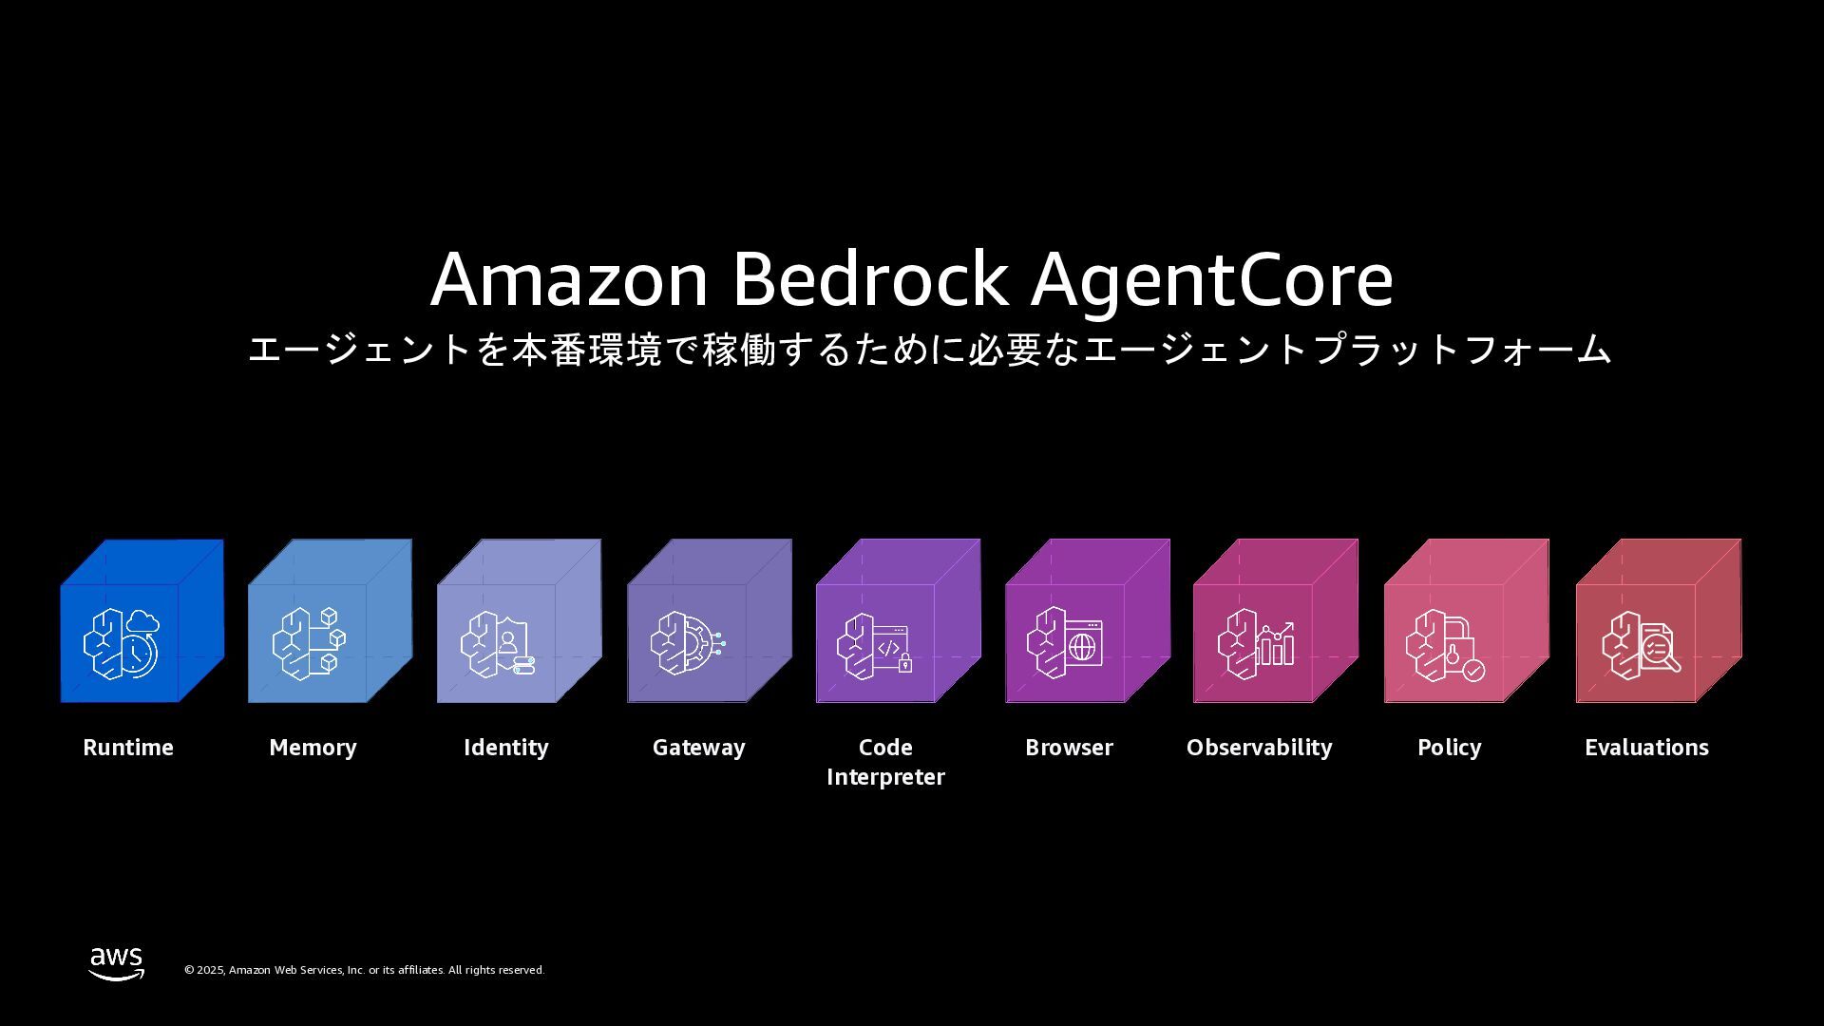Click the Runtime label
point(128,748)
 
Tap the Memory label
point(313,748)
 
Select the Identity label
point(505,748)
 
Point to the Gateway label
point(698,748)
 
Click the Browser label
point(1069,748)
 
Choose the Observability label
point(1259,748)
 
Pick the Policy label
point(1449,748)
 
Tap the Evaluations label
point(1646,748)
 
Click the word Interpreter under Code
point(885,777)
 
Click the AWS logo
point(117,963)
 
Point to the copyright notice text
point(364,970)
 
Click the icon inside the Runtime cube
point(121,643)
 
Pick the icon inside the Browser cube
point(1065,643)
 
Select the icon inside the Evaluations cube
point(1640,644)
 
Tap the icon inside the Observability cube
point(1255,643)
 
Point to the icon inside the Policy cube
point(1445,645)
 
